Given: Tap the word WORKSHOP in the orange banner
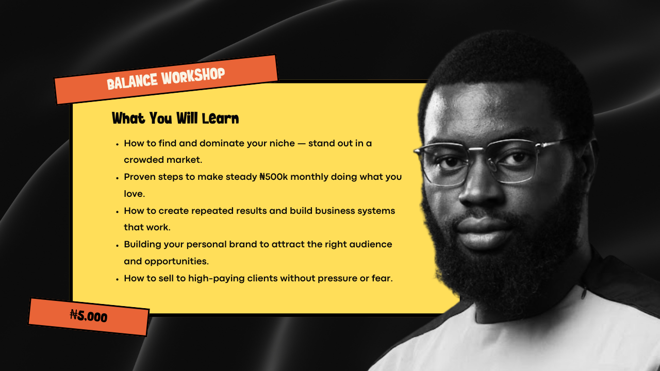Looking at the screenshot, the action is tap(193, 75).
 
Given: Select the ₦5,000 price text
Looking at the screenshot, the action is tap(89, 316).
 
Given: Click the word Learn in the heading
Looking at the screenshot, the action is tap(220, 119).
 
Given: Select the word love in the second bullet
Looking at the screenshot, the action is tap(134, 194).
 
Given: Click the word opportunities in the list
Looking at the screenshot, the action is tap(176, 262).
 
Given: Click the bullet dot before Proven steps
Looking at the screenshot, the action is tap(117, 178).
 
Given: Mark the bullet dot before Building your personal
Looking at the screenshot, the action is tap(117, 246).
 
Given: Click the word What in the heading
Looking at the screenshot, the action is tap(128, 119).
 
